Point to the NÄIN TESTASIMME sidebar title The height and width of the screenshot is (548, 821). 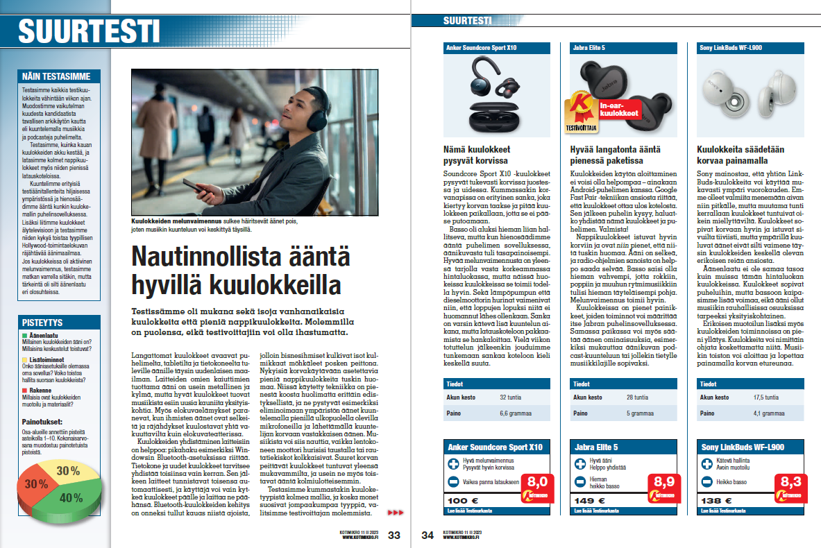pyautogui.click(x=60, y=76)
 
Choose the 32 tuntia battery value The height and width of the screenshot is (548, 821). pyautogui.click(x=512, y=397)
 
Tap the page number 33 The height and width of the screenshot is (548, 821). pyautogui.click(x=394, y=535)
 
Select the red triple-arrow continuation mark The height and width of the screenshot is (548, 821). pyautogui.click(x=395, y=513)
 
